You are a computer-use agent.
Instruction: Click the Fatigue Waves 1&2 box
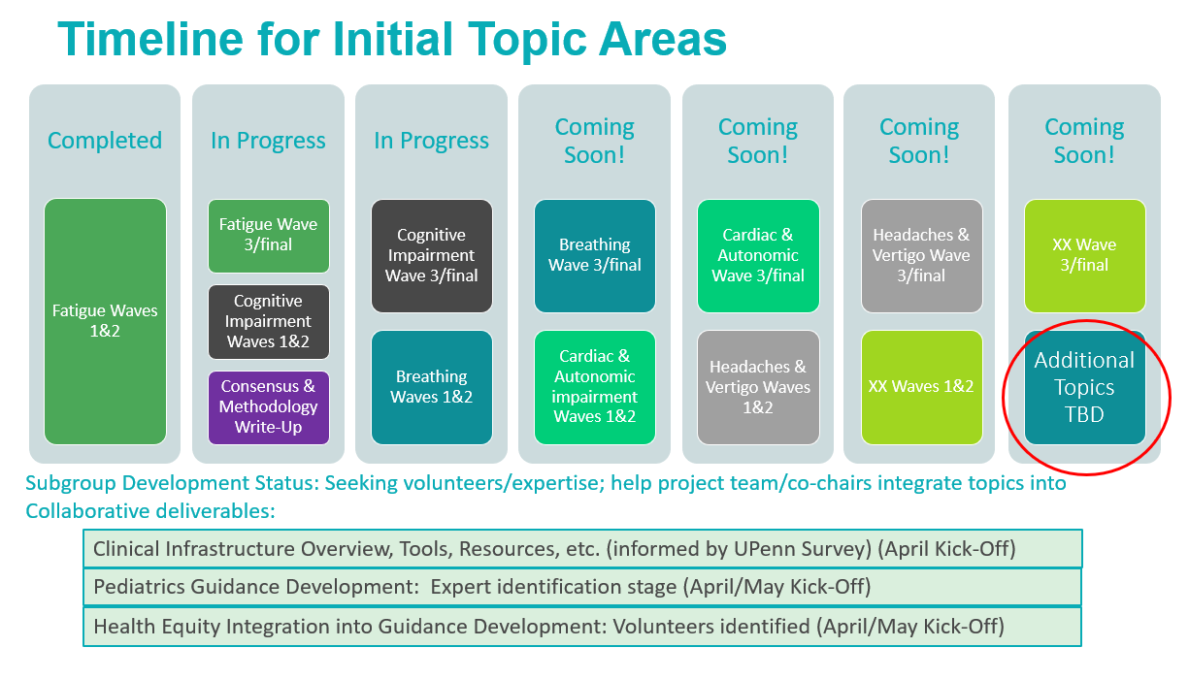coord(105,321)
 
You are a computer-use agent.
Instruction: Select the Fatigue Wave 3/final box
coord(269,236)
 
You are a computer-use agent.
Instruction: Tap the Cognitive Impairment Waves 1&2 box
coord(269,322)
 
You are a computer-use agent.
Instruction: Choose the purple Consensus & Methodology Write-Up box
coord(269,407)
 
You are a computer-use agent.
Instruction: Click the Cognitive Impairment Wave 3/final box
coord(432,256)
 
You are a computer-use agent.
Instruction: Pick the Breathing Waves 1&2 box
coord(432,387)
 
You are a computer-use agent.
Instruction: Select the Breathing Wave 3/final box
coord(594,256)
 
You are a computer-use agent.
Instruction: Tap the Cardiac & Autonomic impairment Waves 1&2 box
coord(594,387)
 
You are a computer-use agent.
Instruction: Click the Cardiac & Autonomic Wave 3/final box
coord(758,256)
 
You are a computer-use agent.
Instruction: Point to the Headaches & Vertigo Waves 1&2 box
coord(758,387)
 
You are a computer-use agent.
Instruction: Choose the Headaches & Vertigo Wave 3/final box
coord(921,256)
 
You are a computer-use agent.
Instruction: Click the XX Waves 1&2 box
coord(921,387)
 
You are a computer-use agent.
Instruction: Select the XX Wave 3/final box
coord(1084,256)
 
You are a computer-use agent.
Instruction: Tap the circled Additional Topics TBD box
coord(1084,387)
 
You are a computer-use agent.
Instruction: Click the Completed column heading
coord(105,141)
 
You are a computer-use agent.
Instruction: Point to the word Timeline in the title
coord(150,39)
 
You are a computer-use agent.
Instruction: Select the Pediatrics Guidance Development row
coord(582,587)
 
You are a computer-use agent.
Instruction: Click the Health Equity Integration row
coord(582,627)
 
